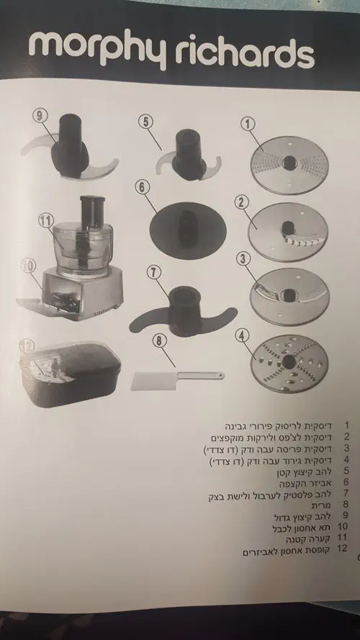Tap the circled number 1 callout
click(x=248, y=124)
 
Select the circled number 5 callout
click(x=145, y=122)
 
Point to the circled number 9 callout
click(x=40, y=116)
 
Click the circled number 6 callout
click(x=142, y=187)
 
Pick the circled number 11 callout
click(x=45, y=221)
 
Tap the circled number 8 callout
click(x=160, y=341)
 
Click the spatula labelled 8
click(x=177, y=380)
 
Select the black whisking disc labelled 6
click(x=188, y=230)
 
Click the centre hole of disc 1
click(x=289, y=163)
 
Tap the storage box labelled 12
click(x=71, y=374)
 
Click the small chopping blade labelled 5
click(x=189, y=157)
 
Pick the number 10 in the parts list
click(x=343, y=526)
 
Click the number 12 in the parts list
click(x=343, y=549)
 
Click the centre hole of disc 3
click(x=289, y=295)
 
